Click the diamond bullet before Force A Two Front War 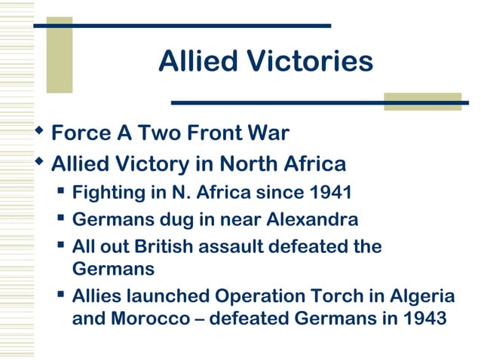click(40, 133)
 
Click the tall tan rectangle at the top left click(60, 54)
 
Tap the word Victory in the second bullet click(158, 163)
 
